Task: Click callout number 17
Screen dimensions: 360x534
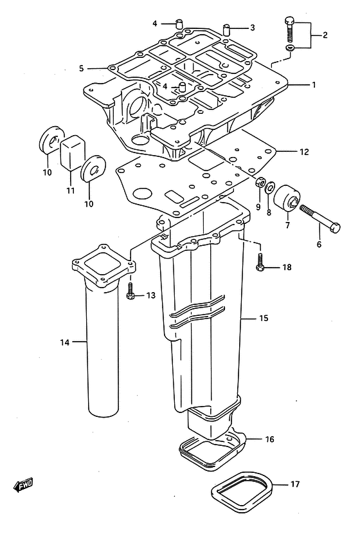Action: pos(294,484)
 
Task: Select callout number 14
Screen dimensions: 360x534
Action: pos(65,342)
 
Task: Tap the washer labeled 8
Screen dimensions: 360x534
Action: pos(271,187)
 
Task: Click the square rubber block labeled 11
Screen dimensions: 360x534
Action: pos(73,152)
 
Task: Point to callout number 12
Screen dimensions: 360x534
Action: pos(304,152)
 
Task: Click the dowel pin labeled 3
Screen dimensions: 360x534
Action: pos(228,29)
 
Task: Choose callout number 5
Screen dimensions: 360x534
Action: pos(82,68)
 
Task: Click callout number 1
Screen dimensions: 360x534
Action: pos(314,84)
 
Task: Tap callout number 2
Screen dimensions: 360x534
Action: pos(325,35)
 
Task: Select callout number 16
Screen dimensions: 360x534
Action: pos(269,439)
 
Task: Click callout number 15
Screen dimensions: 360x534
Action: pos(264,318)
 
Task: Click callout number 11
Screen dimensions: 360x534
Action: pos(70,190)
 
